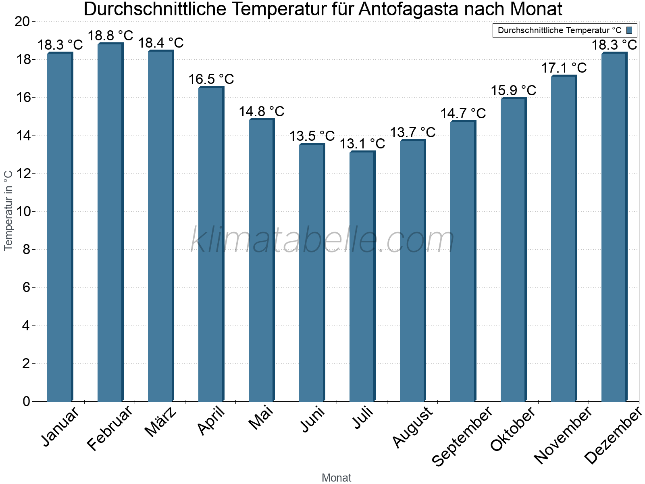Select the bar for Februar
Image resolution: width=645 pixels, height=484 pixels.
coord(110,222)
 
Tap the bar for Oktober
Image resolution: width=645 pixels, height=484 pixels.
coord(513,250)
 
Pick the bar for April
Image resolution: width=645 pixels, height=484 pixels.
coord(211,244)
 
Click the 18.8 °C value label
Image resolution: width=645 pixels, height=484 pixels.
coord(110,35)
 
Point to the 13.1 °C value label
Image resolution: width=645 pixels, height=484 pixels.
coord(362,144)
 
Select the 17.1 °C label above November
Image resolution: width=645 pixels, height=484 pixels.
coord(564,68)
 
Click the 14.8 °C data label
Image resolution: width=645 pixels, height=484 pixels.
coord(262,111)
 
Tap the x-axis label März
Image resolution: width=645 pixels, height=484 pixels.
coord(160,421)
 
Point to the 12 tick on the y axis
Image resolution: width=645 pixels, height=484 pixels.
coord(24,173)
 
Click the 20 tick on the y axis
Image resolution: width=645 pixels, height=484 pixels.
coord(22,22)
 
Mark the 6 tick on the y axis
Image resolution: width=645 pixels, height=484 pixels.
coord(26,288)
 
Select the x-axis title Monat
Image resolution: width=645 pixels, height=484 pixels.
coord(336,478)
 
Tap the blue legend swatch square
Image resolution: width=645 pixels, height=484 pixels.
coord(629,30)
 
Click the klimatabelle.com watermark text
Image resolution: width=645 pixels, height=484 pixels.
coord(322,240)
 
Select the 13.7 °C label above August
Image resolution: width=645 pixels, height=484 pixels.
coord(413,132)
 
